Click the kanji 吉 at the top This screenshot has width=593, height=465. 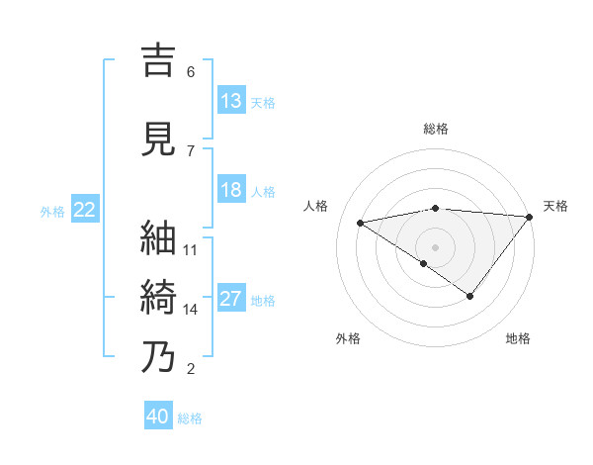(x=158, y=59)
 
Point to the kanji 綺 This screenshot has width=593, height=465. (x=158, y=297)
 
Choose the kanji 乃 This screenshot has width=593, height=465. (x=158, y=356)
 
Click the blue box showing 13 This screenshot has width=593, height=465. (x=231, y=101)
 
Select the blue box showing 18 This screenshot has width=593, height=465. (x=231, y=190)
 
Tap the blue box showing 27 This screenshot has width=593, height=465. (x=231, y=300)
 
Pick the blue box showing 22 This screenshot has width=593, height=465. (x=85, y=210)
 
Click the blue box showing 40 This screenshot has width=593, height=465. (x=158, y=417)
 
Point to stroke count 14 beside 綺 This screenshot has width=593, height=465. (x=191, y=309)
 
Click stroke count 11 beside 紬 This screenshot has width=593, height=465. (x=191, y=249)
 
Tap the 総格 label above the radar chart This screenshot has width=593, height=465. (x=436, y=129)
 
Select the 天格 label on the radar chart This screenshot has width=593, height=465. (x=555, y=206)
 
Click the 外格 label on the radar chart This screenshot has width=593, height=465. (x=348, y=338)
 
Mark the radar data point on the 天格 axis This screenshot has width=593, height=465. (x=531, y=217)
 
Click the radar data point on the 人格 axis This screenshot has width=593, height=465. (x=360, y=222)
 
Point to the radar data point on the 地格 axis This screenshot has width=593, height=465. (x=470, y=296)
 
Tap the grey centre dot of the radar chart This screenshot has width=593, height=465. (x=435, y=246)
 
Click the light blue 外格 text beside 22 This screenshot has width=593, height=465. (x=52, y=211)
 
